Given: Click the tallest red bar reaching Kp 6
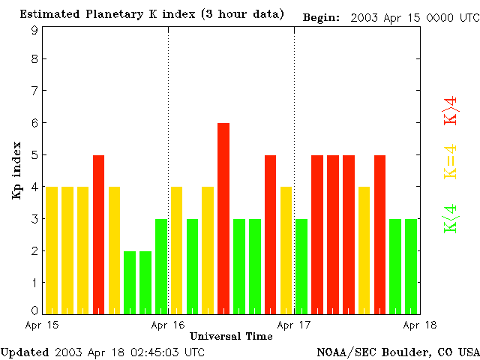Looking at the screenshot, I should pos(223,217).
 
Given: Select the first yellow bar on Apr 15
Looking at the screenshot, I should pos(52,250).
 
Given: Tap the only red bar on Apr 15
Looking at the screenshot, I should pos(98,234).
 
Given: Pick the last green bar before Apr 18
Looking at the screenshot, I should pos(411,265).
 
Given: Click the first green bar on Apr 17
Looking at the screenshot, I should pos(301,265).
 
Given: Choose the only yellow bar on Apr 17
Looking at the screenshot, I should pos(364,250).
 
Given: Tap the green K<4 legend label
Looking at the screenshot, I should pos(451,218).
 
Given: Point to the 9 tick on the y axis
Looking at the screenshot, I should pos(34,30).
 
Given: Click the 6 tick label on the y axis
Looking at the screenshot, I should pos(34,123).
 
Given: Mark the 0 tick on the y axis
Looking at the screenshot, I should pos(34,310).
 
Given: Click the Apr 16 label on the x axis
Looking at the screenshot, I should pos(168,325).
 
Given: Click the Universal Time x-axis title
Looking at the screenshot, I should pos(231,336).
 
